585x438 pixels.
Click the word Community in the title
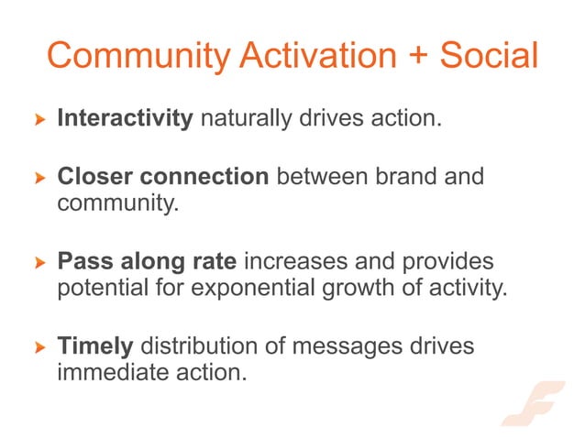[x=138, y=57]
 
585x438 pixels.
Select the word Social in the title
[x=488, y=57]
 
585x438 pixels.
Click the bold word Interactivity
[x=125, y=119]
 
